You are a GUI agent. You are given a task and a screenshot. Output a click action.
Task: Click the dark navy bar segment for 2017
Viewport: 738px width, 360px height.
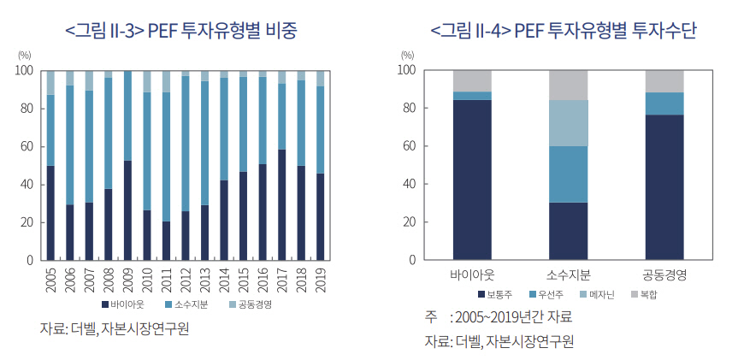tap(282, 204)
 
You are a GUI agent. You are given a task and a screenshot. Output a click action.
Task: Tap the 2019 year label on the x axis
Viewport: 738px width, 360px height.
tap(321, 278)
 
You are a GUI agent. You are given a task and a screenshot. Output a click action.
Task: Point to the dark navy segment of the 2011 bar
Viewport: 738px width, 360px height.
tap(167, 240)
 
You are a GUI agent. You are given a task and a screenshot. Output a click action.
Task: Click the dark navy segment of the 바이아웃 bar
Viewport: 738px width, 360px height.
tap(472, 180)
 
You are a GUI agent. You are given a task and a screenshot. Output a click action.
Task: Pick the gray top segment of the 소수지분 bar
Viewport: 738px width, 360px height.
tap(568, 85)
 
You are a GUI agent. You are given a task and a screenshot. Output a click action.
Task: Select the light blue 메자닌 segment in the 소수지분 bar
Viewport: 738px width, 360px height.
tap(568, 123)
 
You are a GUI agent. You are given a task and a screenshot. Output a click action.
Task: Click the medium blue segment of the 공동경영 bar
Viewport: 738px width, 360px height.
tap(664, 103)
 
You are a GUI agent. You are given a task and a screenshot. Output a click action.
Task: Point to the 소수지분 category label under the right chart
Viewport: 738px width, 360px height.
tap(568, 275)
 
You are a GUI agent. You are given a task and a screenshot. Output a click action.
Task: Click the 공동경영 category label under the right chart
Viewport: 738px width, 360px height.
tap(664, 275)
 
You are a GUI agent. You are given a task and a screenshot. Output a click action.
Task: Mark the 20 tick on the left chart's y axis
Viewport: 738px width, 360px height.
tap(27, 222)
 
